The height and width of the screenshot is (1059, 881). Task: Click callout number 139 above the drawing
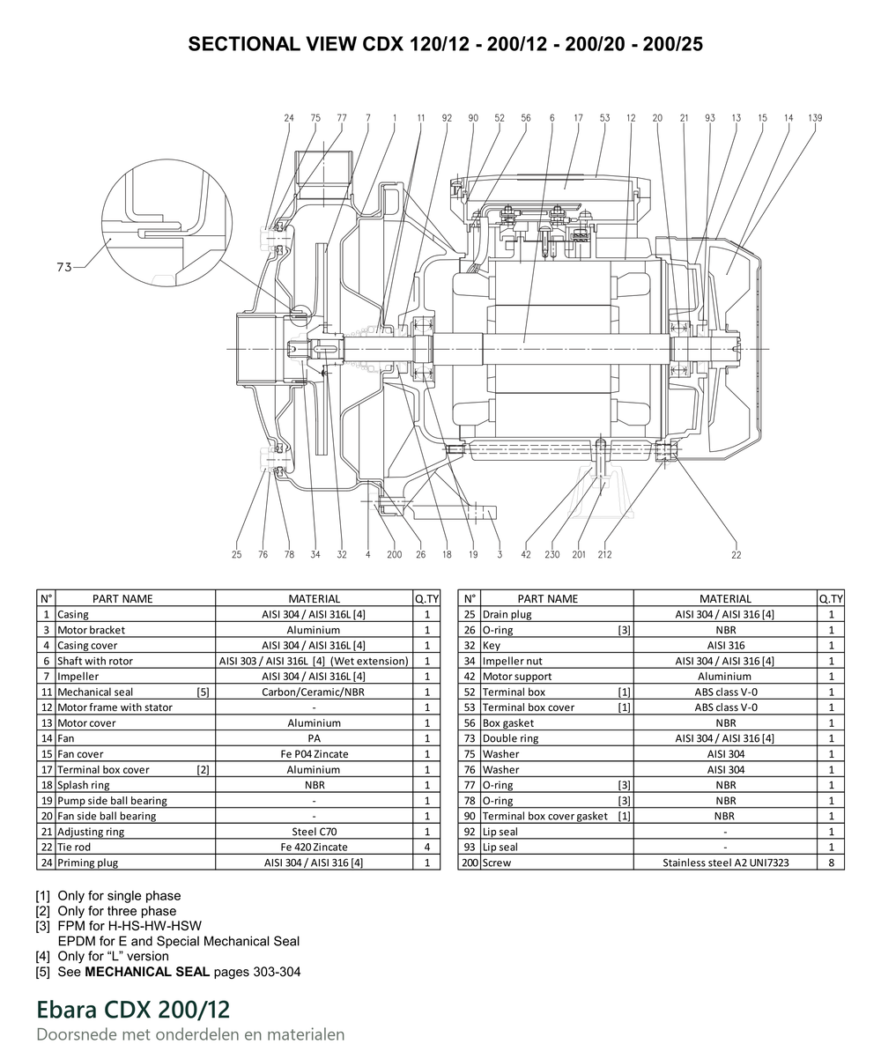tap(815, 118)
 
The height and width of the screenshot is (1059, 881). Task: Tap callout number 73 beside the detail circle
tap(64, 267)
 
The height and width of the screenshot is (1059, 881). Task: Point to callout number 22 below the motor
tap(736, 555)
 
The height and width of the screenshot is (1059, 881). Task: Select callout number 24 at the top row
tap(289, 118)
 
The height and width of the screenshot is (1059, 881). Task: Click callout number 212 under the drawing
tap(604, 554)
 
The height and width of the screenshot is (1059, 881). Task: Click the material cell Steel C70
tap(314, 832)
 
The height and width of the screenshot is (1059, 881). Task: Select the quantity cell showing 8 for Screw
tap(831, 863)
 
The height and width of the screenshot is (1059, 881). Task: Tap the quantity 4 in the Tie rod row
tap(427, 847)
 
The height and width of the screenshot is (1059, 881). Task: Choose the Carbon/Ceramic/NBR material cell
tap(313, 692)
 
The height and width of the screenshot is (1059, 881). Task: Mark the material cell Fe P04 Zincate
tap(315, 753)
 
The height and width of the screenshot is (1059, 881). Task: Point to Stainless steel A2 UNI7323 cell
tap(725, 863)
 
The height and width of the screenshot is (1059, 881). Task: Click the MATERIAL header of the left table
tap(314, 598)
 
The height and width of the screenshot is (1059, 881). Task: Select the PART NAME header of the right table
tap(547, 598)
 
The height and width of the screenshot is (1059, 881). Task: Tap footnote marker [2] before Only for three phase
tap(42, 911)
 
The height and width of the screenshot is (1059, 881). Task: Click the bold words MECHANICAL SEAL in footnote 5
tap(147, 972)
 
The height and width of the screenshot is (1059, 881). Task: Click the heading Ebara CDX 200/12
tap(133, 1009)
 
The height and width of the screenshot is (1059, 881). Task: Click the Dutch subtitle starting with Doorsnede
tap(190, 1034)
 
